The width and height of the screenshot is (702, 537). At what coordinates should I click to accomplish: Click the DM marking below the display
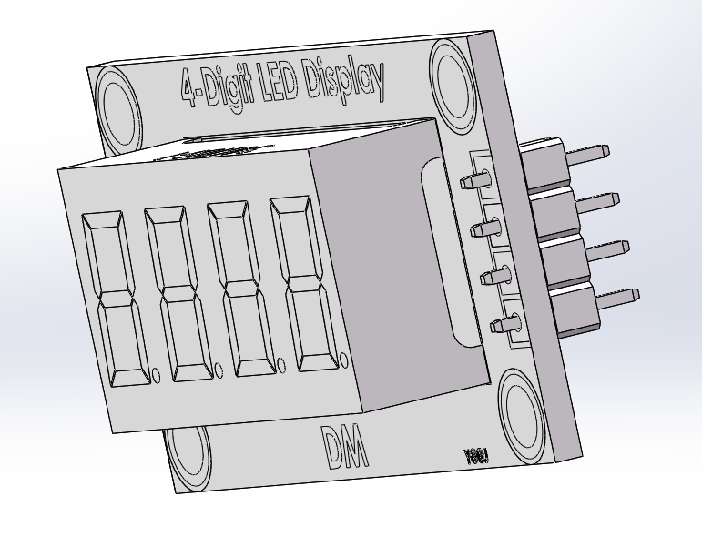(x=346, y=448)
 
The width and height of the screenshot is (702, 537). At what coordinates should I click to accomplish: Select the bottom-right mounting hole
(x=523, y=415)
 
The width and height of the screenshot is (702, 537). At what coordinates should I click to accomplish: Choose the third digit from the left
(x=240, y=288)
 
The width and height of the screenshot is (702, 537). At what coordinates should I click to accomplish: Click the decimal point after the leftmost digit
(x=156, y=373)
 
